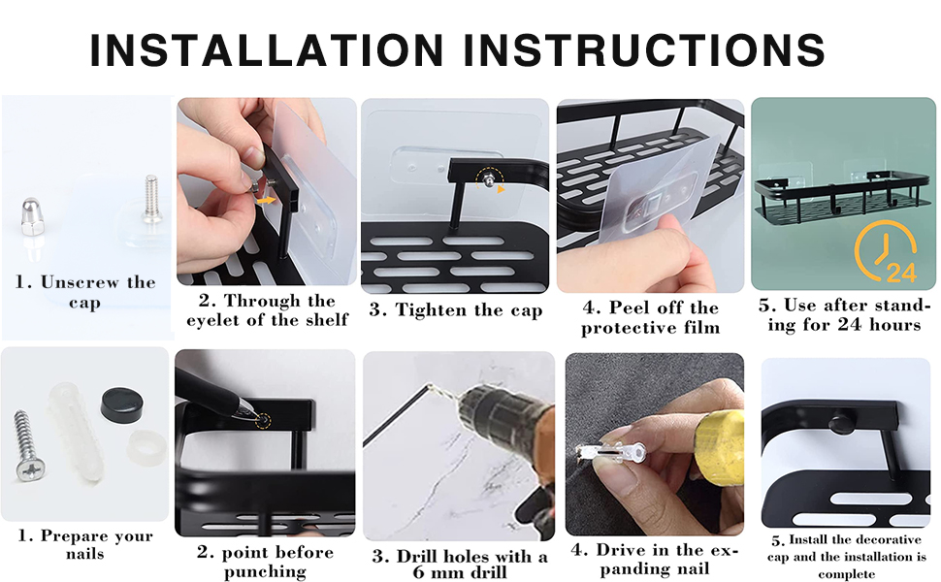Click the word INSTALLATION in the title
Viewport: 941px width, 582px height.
267,49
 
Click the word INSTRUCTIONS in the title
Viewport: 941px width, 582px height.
644,49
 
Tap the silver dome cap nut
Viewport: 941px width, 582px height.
31,216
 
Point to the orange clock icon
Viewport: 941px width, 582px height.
885,247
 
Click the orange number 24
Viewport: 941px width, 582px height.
901,273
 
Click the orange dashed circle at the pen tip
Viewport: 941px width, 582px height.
262,421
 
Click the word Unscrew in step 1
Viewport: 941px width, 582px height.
81,282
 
